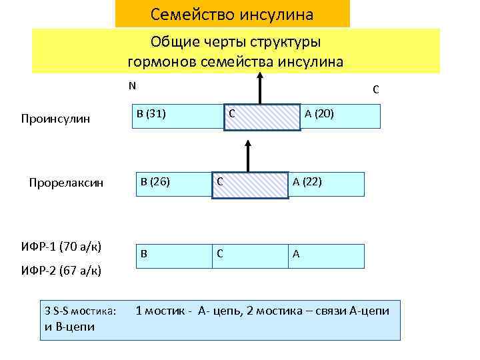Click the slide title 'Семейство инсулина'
(x=232, y=13)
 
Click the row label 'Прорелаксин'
(x=66, y=183)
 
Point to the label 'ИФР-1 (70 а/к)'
(x=61, y=247)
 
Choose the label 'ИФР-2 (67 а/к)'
(x=61, y=270)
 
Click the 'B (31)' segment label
(x=151, y=113)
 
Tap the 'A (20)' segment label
(x=319, y=115)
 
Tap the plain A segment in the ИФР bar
(x=326, y=256)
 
